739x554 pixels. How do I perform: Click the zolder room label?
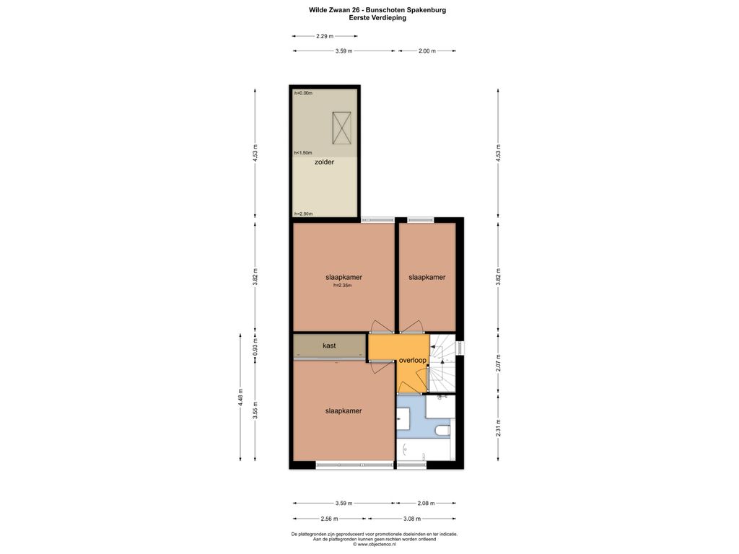[x=324, y=162]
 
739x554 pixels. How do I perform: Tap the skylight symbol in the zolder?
[x=341, y=128]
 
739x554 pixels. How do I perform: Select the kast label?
[x=329, y=346]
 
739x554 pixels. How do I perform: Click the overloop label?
[x=412, y=361]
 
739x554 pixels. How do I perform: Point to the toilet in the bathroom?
[x=443, y=431]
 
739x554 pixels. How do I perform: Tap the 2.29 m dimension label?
[x=324, y=36]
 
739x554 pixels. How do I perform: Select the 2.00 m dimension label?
[x=427, y=51]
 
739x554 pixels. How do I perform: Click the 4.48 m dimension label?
[x=241, y=397]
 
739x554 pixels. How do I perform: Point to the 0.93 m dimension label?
[x=255, y=347]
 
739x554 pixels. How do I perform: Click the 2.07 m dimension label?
[x=499, y=364]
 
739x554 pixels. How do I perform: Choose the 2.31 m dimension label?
[x=499, y=428]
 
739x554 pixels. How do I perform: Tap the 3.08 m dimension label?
[x=412, y=519]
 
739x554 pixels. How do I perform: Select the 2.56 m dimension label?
[x=329, y=519]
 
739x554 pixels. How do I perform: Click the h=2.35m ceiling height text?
[x=343, y=285]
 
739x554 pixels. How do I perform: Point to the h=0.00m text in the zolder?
[x=303, y=93]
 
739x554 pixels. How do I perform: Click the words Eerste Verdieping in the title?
[x=377, y=18]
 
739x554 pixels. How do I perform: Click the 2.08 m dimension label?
[x=427, y=503]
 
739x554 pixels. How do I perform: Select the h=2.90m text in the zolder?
[x=303, y=214]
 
